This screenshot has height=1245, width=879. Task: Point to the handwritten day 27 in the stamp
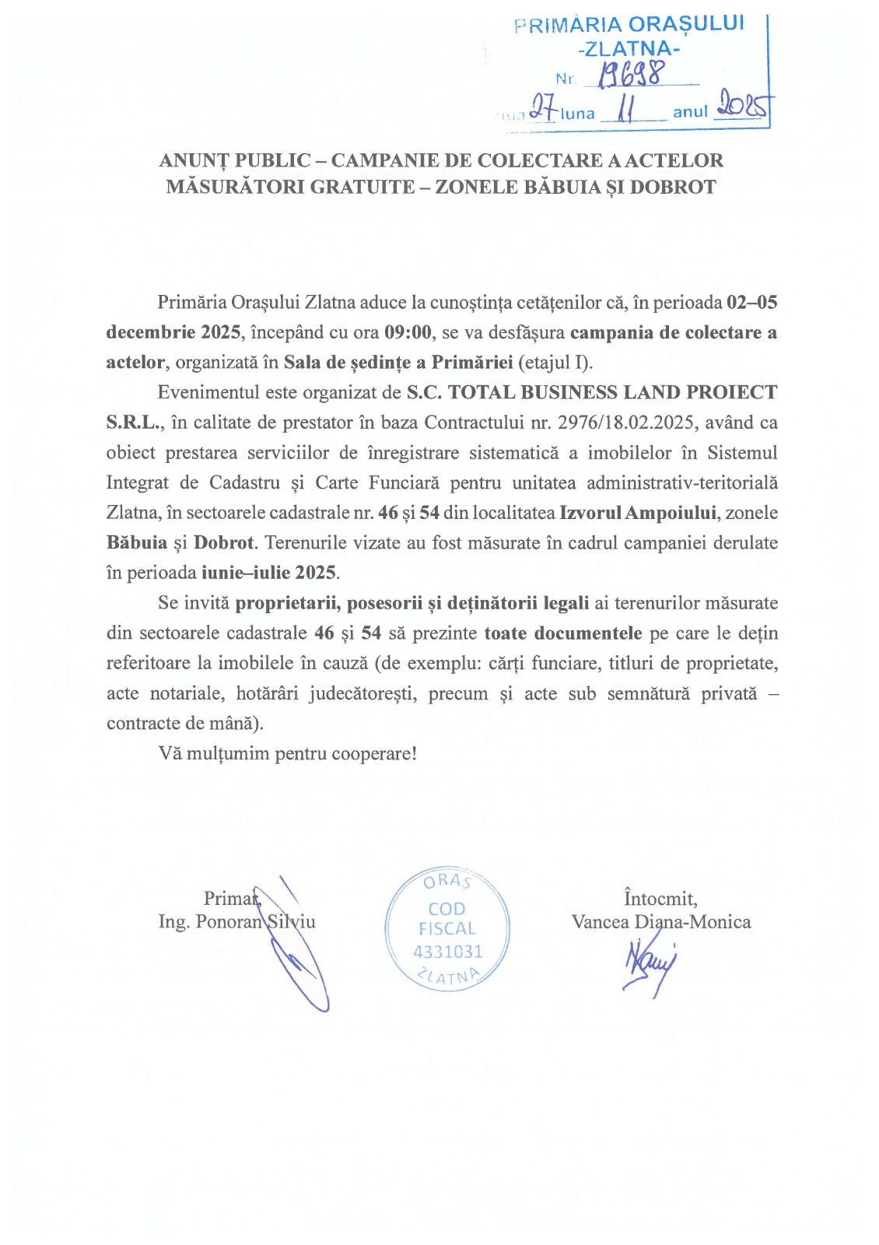pos(543,107)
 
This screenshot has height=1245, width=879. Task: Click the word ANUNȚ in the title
pos(194,160)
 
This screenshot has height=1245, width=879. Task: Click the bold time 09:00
pos(408,332)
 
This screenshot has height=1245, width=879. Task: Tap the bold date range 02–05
pos(751,302)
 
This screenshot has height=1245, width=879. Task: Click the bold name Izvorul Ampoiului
pos(637,513)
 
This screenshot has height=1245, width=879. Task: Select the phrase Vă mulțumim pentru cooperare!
pos(287,753)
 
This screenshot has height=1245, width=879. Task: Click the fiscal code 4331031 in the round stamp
pos(447,952)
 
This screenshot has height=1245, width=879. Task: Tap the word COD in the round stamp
pos(447,909)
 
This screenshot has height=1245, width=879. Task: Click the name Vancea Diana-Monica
pos(660,922)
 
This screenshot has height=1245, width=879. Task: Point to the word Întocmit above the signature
pos(660,899)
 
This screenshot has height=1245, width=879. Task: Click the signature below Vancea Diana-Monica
pos(650,965)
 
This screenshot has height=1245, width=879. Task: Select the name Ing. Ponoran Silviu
pos(236,922)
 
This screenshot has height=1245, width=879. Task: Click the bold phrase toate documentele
pos(562,633)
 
